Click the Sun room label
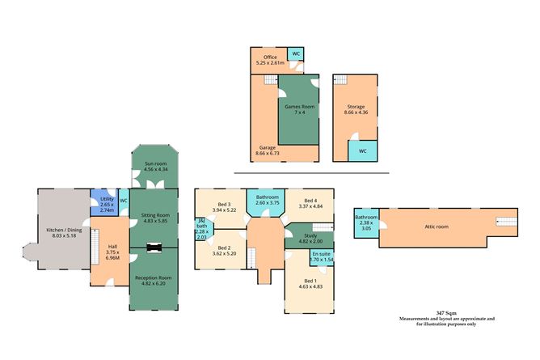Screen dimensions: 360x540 (154, 164)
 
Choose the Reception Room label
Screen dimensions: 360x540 (153, 277)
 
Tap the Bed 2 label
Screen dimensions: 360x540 (223, 248)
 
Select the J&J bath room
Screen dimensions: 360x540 (201, 231)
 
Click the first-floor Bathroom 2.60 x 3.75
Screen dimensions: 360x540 (267, 198)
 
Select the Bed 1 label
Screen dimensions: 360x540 (310, 281)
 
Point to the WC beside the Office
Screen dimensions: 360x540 (297, 54)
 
